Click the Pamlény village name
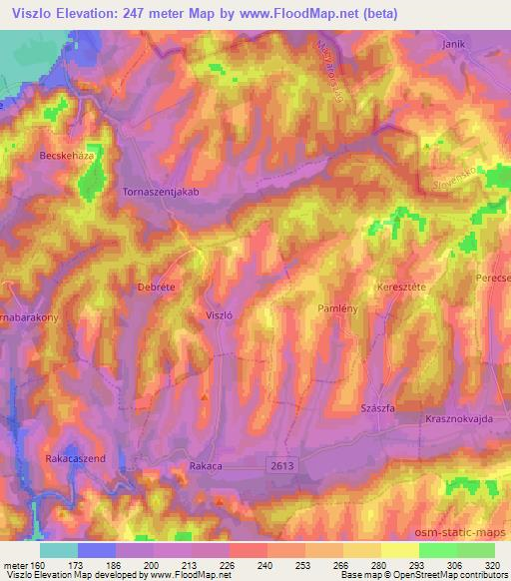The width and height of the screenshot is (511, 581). [x=337, y=310]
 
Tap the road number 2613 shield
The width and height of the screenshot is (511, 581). [x=282, y=464]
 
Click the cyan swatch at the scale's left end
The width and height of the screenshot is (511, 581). [x=59, y=550]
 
